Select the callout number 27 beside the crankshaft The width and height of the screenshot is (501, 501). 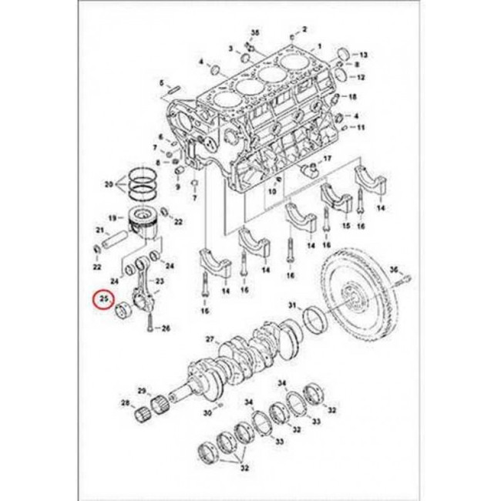click(x=209, y=339)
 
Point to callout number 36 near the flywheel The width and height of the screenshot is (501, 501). click(x=393, y=269)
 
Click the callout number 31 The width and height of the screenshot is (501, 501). click(x=292, y=306)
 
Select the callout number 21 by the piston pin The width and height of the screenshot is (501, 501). click(x=99, y=230)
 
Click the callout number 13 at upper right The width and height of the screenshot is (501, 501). click(x=365, y=55)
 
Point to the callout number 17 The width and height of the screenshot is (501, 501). click(x=327, y=158)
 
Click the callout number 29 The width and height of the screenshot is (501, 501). click(x=141, y=391)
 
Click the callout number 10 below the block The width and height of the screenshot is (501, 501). click(x=271, y=190)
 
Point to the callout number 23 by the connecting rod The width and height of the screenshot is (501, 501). click(x=160, y=282)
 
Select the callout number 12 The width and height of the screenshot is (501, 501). click(x=360, y=78)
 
